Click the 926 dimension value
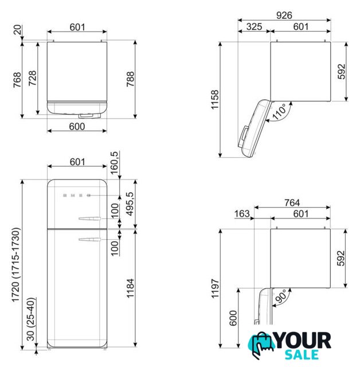pyautogui.click(x=284, y=15)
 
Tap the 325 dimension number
pyautogui.click(x=254, y=26)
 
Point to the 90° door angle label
pyautogui.click(x=281, y=296)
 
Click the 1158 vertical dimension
pyautogui.click(x=215, y=99)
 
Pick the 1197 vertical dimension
pyautogui.click(x=215, y=288)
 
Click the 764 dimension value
pyautogui.click(x=292, y=202)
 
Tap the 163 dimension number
pyautogui.click(x=242, y=214)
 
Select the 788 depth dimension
pyautogui.click(x=130, y=79)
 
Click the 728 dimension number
pyautogui.click(x=32, y=78)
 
